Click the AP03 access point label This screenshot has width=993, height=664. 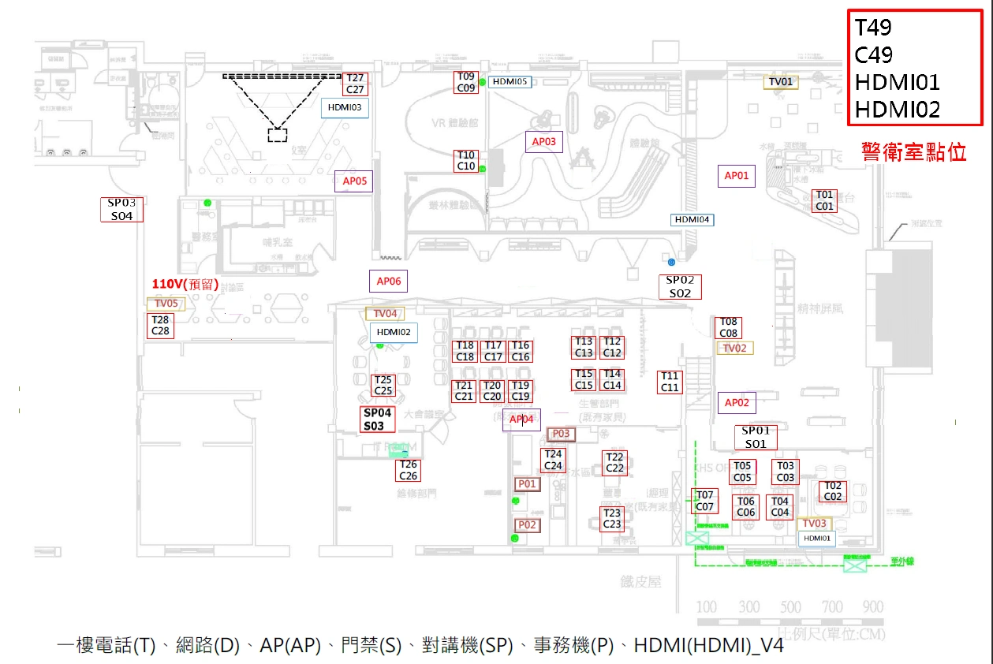(544, 142)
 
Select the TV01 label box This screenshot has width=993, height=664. (781, 81)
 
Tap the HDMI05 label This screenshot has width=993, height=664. (510, 81)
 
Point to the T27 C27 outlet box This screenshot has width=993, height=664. (355, 84)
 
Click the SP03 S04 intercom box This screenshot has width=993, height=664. (121, 209)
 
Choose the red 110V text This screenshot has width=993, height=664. (185, 285)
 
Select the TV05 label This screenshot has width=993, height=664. (166, 304)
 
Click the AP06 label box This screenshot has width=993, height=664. (388, 281)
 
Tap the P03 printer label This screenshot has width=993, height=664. (560, 434)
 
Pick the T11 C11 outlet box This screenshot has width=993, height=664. (670, 382)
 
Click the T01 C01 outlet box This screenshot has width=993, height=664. (824, 200)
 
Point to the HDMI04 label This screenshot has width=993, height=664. (692, 220)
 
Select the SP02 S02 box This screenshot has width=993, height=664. (680, 286)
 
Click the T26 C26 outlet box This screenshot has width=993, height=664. (408, 470)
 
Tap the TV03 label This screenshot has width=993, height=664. (814, 524)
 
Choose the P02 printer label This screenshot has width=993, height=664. (527, 525)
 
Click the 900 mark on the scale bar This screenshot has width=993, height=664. (873, 607)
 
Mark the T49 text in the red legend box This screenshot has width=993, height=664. (873, 28)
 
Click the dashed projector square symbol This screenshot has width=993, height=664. (277, 134)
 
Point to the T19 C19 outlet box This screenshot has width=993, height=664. (521, 391)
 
